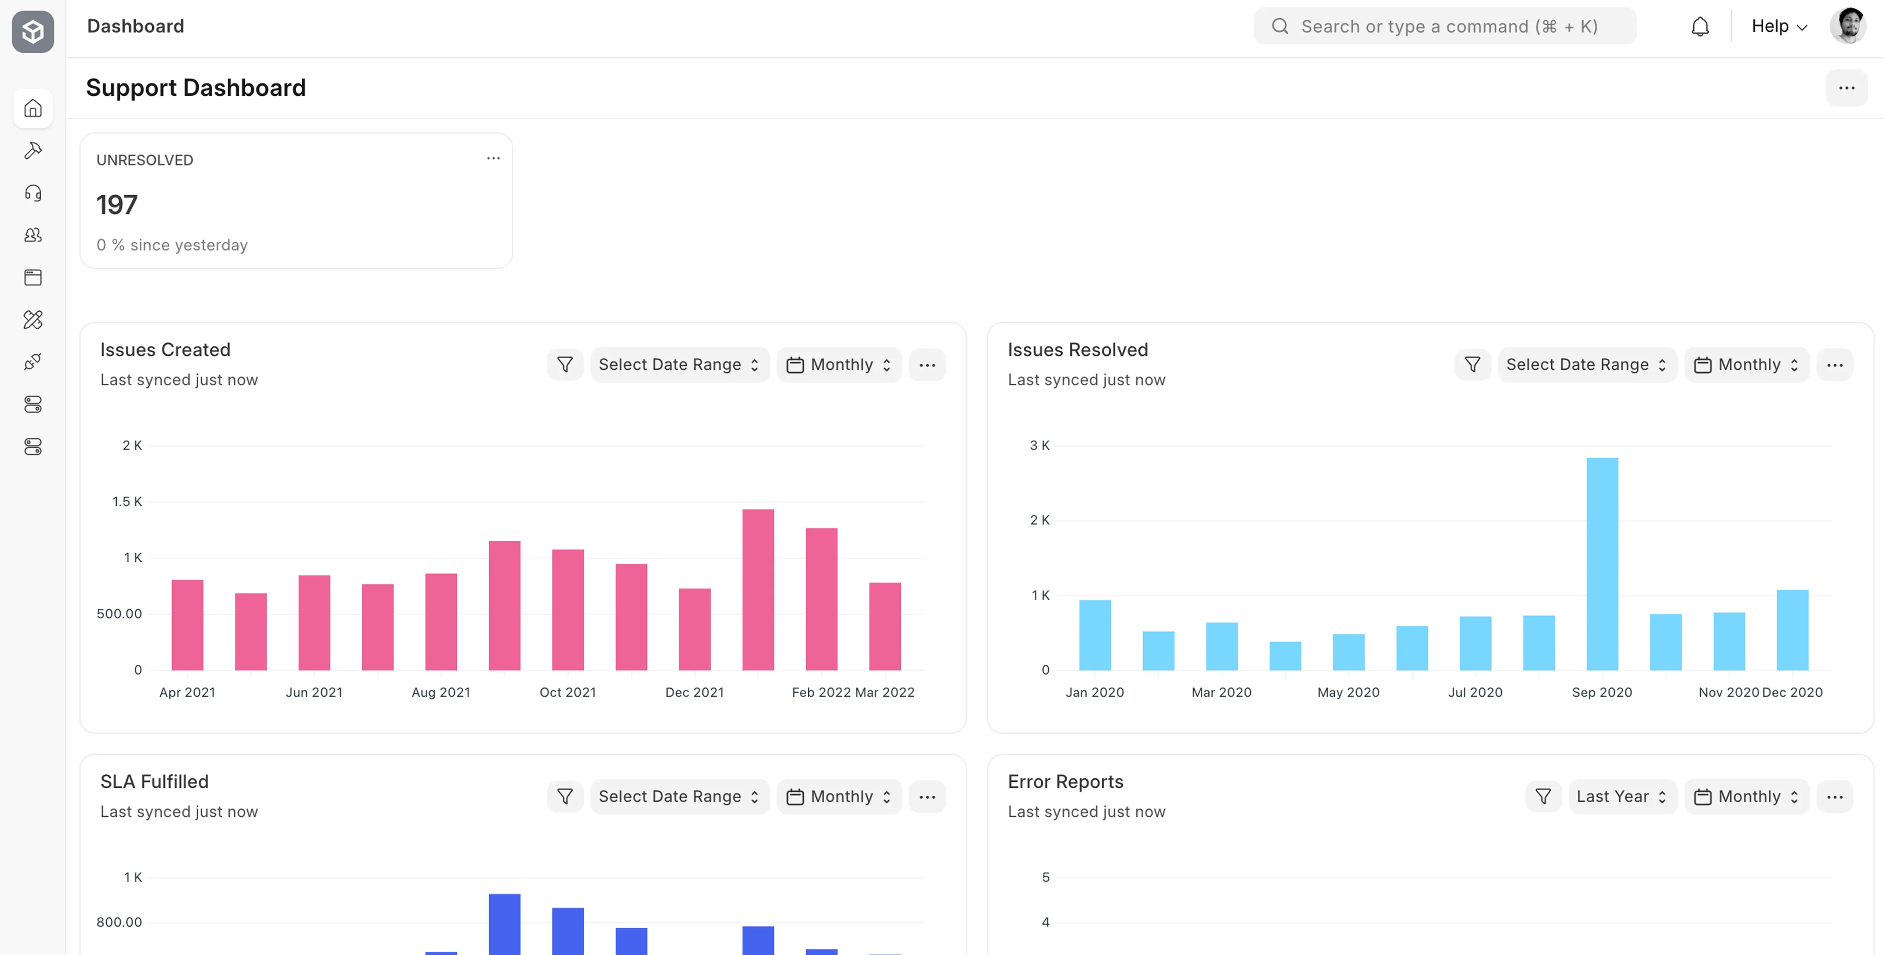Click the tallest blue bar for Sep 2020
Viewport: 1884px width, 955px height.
(1602, 563)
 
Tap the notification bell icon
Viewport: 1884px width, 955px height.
(1700, 27)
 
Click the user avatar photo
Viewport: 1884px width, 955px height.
(1848, 26)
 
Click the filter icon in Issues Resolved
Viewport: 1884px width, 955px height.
(1472, 364)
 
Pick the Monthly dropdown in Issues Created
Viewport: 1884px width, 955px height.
(839, 364)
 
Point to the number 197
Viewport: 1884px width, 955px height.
(117, 205)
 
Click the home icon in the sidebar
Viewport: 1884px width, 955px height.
(33, 108)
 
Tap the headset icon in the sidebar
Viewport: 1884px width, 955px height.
(33, 193)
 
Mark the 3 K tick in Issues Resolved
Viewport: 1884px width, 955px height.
(1039, 445)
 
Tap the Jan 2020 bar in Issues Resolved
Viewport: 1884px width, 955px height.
(1095, 635)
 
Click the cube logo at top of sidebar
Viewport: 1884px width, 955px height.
(33, 31)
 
